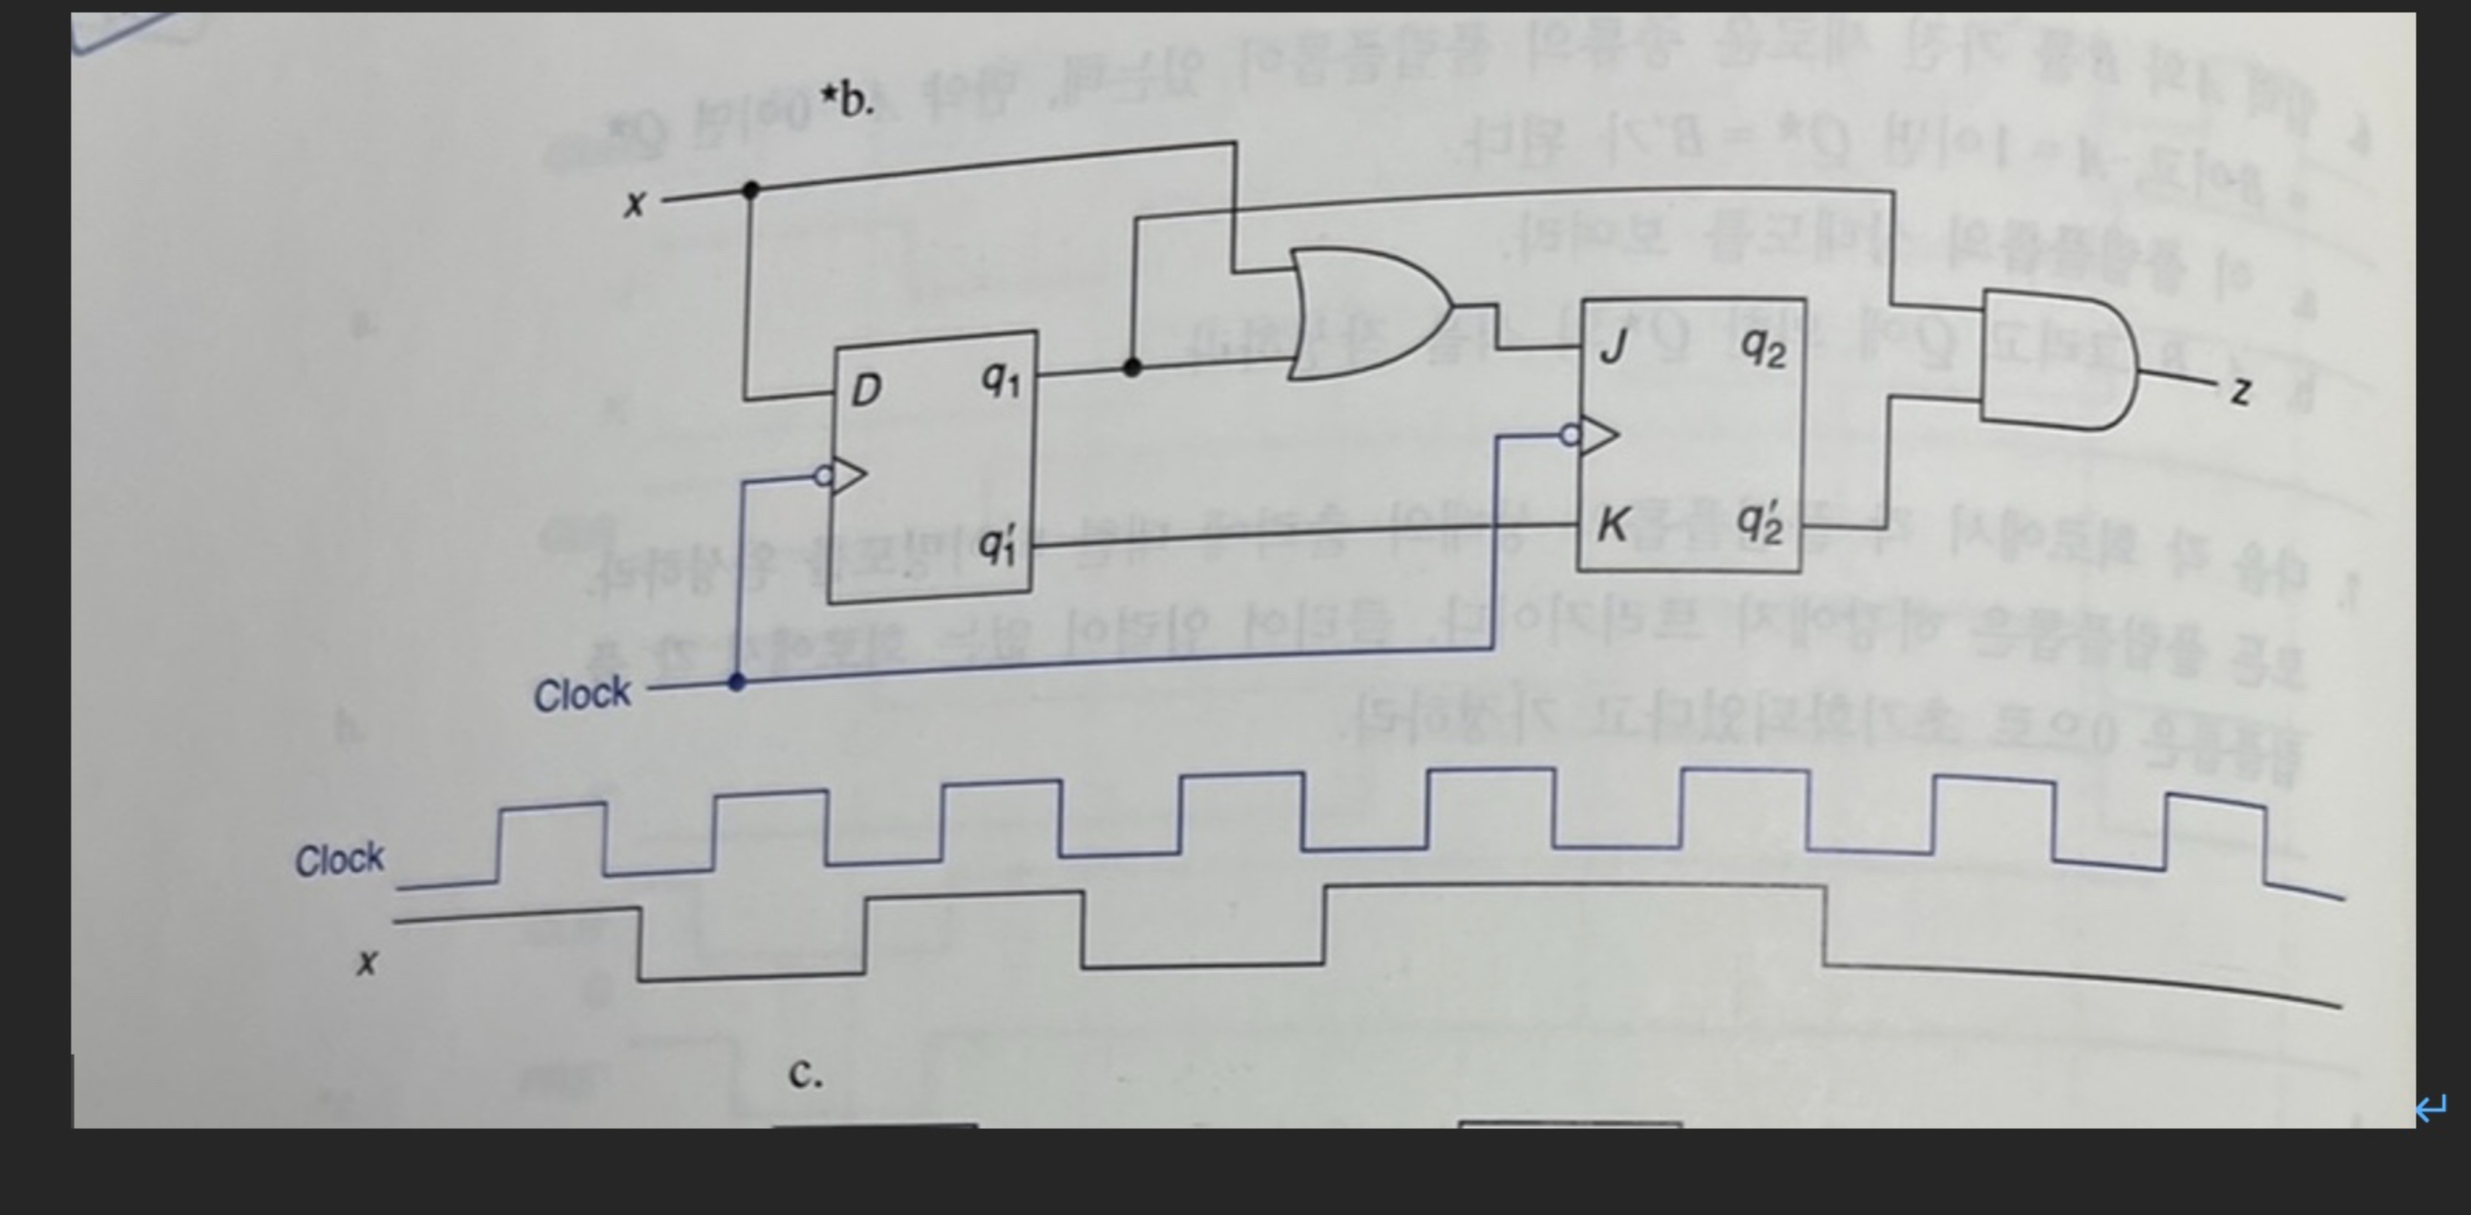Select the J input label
[1612, 346]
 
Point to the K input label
[1612, 525]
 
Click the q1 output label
[1000, 381]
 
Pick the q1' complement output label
[999, 546]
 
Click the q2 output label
[1763, 349]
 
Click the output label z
[2240, 391]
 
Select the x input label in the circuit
[634, 203]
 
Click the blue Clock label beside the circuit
[582, 693]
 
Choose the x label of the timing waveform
[366, 961]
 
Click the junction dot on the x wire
[751, 191]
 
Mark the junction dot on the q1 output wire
[1132, 367]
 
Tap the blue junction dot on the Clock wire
[737, 682]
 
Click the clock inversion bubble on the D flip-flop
[822, 475]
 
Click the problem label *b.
[847, 100]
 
